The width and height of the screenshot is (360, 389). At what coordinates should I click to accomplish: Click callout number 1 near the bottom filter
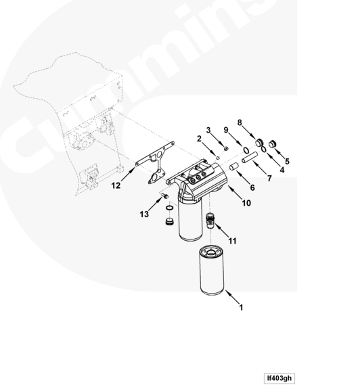click(x=241, y=308)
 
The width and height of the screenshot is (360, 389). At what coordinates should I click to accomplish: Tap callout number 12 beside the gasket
click(x=116, y=185)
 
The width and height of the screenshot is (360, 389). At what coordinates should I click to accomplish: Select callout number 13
click(x=144, y=214)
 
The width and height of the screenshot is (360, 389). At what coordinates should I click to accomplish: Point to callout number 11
click(x=232, y=241)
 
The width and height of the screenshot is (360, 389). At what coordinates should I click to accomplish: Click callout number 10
click(x=246, y=203)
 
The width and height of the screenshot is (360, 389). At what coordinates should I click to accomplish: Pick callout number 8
click(x=240, y=122)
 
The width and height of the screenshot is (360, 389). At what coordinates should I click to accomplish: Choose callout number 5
click(x=287, y=161)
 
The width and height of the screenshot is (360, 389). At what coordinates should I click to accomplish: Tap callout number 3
click(x=208, y=130)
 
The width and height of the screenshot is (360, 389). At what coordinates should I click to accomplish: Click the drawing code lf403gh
click(x=279, y=378)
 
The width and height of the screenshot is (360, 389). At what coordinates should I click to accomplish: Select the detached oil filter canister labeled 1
click(x=212, y=271)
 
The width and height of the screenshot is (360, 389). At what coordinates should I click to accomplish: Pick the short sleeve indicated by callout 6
click(x=233, y=166)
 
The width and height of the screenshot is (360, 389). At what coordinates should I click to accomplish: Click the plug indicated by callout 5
click(x=272, y=143)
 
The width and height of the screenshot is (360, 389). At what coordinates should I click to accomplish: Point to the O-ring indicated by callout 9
click(x=246, y=150)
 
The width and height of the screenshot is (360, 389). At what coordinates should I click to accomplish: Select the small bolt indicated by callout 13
click(x=165, y=196)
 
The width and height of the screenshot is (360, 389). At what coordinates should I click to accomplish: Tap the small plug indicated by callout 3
click(x=226, y=148)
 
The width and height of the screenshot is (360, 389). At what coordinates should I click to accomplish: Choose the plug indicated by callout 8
click(x=260, y=143)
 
